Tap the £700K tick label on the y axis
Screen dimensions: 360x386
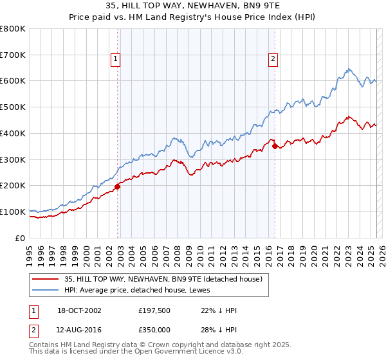[13, 55]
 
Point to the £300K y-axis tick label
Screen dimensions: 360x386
[13, 159]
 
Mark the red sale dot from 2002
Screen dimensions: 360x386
[118, 186]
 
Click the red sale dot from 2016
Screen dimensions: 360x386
[275, 147]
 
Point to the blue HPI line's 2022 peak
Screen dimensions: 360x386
[348, 69]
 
